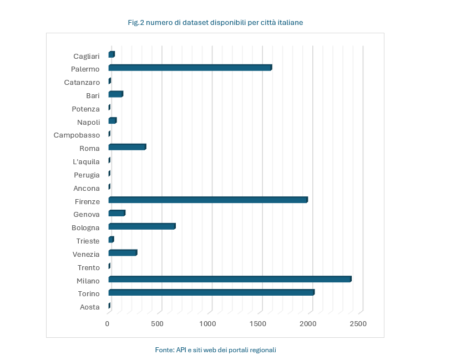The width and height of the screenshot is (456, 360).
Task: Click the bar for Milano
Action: pyautogui.click(x=230, y=280)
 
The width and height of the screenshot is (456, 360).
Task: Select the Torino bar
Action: pyautogui.click(x=211, y=292)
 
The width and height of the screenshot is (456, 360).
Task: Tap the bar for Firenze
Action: pyautogui.click(x=207, y=200)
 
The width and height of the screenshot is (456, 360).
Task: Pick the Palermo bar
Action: pyautogui.click(x=190, y=68)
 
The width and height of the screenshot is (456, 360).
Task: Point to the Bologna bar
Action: pyautogui.click(x=141, y=226)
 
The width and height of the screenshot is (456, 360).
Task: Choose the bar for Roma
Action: pyautogui.click(x=126, y=148)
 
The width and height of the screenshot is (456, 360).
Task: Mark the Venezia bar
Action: pyautogui.click(x=122, y=253)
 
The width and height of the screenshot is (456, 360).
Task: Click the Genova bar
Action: pyautogui.click(x=116, y=214)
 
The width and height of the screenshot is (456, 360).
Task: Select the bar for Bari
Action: pyautogui.click(x=115, y=94)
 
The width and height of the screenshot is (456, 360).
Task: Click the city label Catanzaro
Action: pyautogui.click(x=82, y=83)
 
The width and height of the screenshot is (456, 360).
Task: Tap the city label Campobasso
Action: pyautogui.click(x=77, y=135)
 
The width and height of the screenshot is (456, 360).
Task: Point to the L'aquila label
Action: pyautogui.click(x=86, y=162)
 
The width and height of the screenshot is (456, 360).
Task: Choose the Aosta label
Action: pyautogui.click(x=89, y=307)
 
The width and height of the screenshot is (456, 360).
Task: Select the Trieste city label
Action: pyautogui.click(x=88, y=241)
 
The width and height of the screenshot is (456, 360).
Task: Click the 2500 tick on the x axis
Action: pyautogui.click(x=358, y=323)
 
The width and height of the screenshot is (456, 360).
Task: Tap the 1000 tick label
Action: pyautogui.click(x=207, y=323)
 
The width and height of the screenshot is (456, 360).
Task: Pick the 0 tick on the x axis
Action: pyautogui.click(x=108, y=323)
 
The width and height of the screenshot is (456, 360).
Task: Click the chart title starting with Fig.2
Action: pyautogui.click(x=215, y=23)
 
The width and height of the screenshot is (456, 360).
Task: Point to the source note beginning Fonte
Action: pyautogui.click(x=215, y=350)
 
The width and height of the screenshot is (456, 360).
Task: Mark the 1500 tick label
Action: pyautogui.click(x=257, y=323)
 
